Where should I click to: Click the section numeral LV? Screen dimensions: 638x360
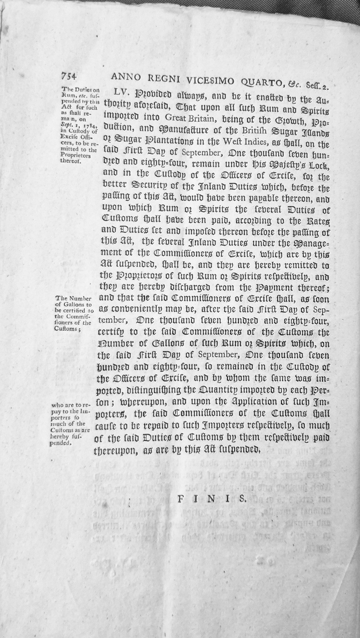click(x=116, y=90)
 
